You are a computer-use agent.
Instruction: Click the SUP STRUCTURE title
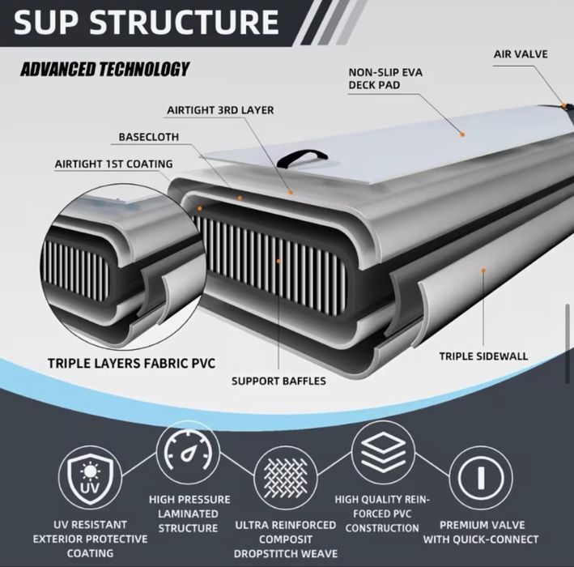pyautogui.click(x=147, y=22)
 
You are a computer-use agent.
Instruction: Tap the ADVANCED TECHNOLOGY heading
pyautogui.click(x=105, y=69)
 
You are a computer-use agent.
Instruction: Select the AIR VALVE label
pyautogui.click(x=521, y=53)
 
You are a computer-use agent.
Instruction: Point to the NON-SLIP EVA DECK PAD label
pyautogui.click(x=385, y=79)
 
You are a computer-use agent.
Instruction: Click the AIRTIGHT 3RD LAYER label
pyautogui.click(x=220, y=110)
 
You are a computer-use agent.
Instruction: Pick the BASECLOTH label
pyautogui.click(x=149, y=137)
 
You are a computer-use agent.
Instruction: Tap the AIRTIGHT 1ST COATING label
pyautogui.click(x=113, y=164)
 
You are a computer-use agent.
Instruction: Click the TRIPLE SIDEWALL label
pyautogui.click(x=483, y=356)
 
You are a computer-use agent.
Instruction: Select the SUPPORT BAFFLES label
pyautogui.click(x=278, y=381)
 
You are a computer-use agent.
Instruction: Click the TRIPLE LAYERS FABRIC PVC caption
pyautogui.click(x=131, y=363)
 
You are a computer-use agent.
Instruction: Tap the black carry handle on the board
pyautogui.click(x=302, y=158)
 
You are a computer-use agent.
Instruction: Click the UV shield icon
pyautogui.click(x=90, y=478)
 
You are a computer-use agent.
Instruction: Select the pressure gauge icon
pyautogui.click(x=188, y=452)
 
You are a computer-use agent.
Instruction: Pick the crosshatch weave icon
pyautogui.click(x=286, y=478)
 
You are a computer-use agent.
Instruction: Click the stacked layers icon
pyautogui.click(x=383, y=452)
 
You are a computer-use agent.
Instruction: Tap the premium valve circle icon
pyautogui.click(x=481, y=478)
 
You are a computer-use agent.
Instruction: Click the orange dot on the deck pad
pyautogui.click(x=462, y=134)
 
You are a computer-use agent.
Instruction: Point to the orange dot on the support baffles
pyautogui.click(x=278, y=261)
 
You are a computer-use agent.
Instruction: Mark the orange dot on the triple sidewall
pyautogui.click(x=483, y=271)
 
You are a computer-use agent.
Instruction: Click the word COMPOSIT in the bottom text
pyautogui.click(x=286, y=539)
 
